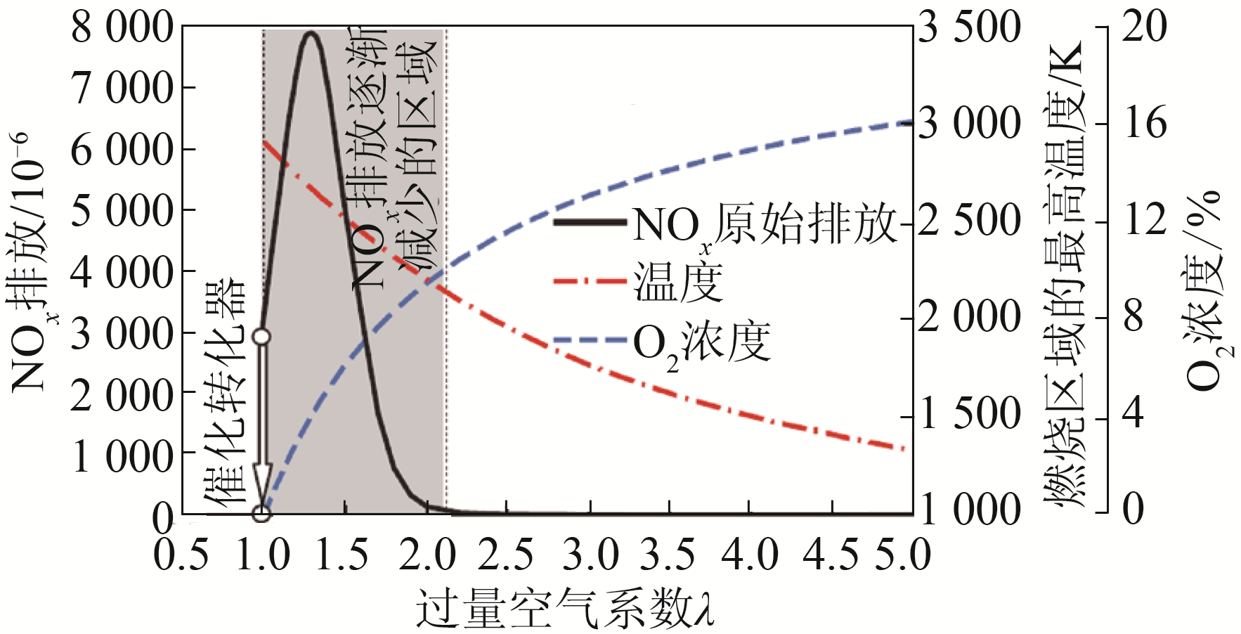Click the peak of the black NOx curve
[311, 33]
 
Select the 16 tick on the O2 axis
[1145, 124]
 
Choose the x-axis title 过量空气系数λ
[566, 609]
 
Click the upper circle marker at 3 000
[261, 337]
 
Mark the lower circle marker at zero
[261, 514]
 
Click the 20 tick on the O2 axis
[1145, 28]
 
